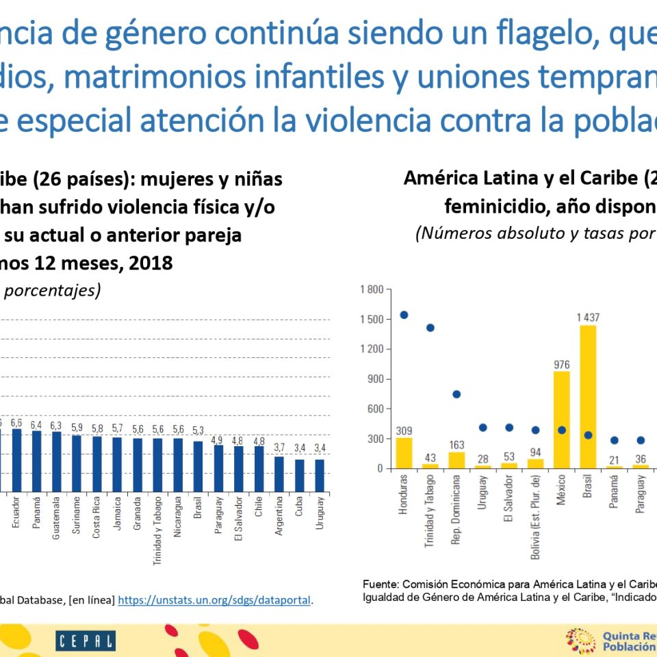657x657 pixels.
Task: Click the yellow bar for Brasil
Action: click(588, 397)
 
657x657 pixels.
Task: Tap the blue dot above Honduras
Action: click(404, 315)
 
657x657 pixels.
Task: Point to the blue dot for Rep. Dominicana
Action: click(456, 394)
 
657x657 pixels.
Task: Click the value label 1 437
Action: click(588, 317)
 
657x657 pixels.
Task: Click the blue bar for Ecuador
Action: click(16, 461)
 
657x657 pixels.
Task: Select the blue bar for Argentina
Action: click(279, 474)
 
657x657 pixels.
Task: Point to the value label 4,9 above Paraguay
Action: click(218, 440)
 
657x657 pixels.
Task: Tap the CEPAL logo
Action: click(86, 641)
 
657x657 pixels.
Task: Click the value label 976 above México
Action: click(562, 364)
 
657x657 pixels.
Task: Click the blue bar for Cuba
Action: click(299, 476)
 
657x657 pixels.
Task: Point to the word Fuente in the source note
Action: click(380, 585)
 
